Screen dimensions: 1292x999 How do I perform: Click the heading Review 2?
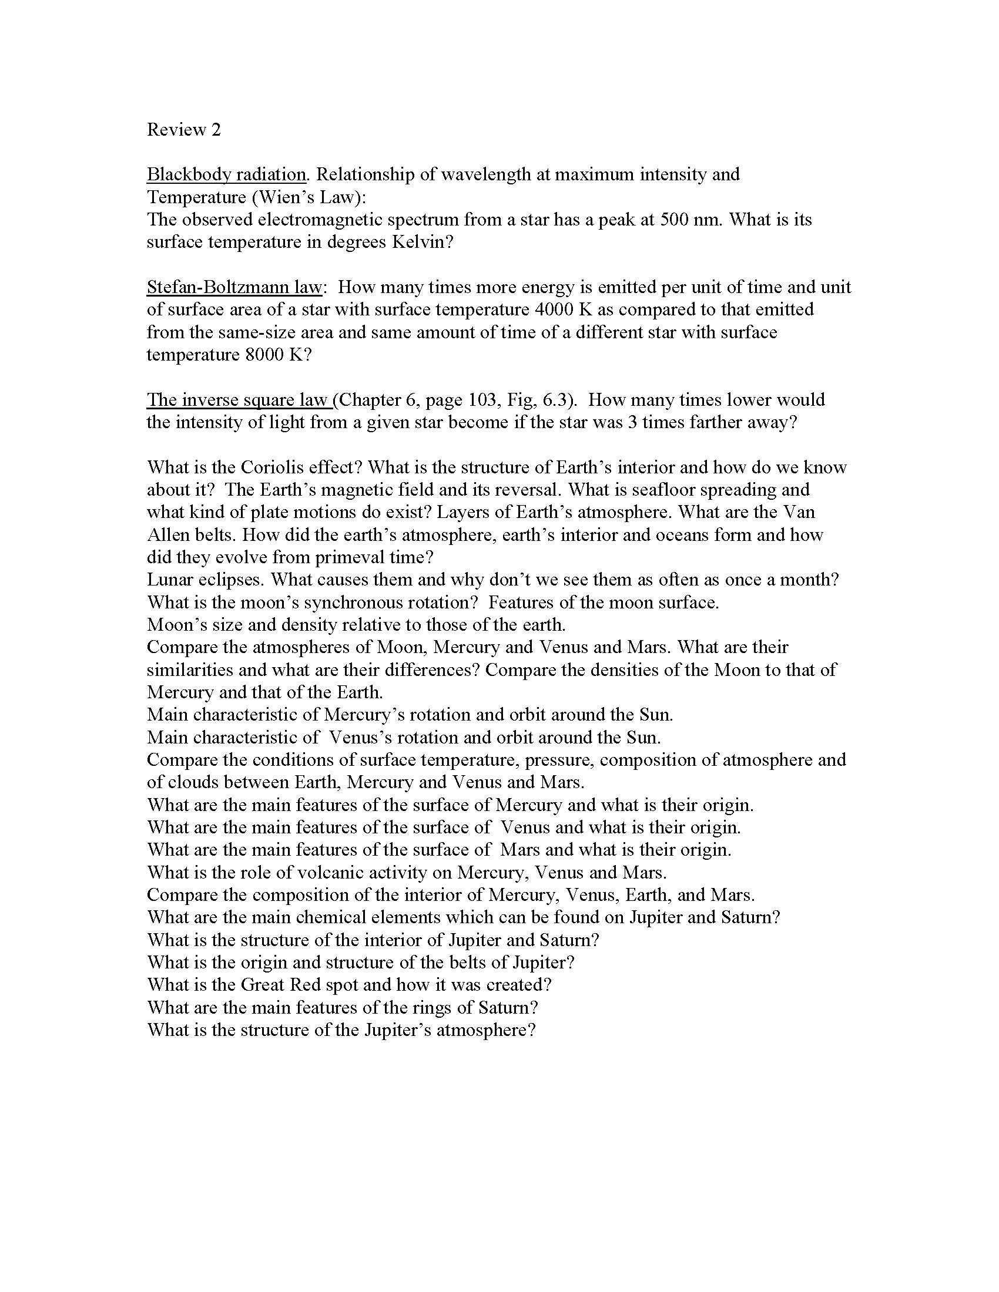pyautogui.click(x=183, y=130)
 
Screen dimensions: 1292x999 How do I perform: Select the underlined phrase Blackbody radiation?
pyautogui.click(x=226, y=174)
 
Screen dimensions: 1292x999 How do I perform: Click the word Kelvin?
pyautogui.click(x=423, y=242)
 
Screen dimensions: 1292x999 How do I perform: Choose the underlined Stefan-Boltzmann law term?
pyautogui.click(x=234, y=287)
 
